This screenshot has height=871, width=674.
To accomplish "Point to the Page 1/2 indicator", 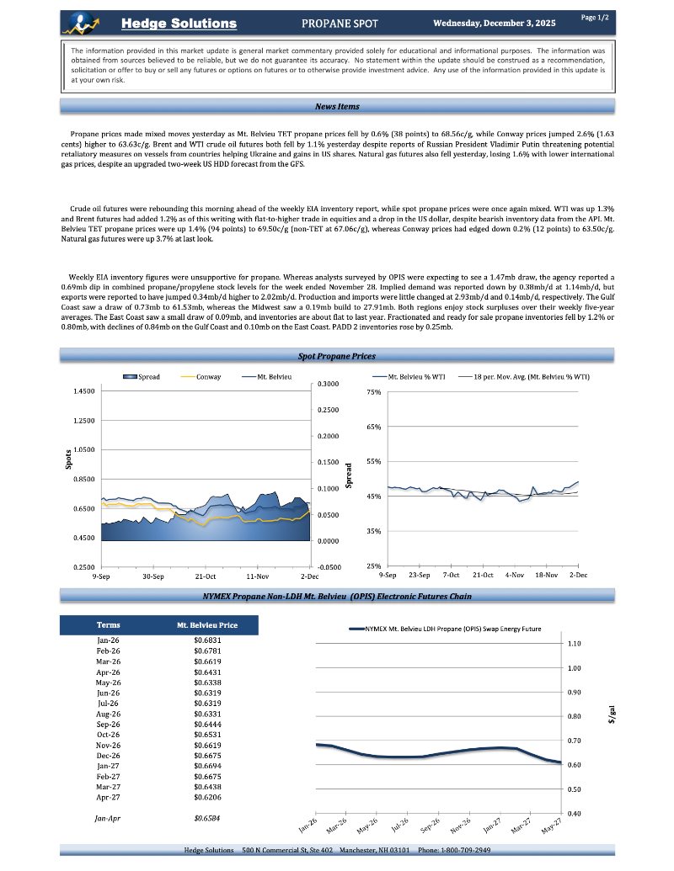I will pyautogui.click(x=595, y=17).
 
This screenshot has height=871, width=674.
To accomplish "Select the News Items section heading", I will pyautogui.click(x=337, y=106).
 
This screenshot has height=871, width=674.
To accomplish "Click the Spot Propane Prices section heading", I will pyautogui.click(x=337, y=357).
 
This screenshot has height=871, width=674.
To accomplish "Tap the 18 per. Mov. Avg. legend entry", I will pyautogui.click(x=531, y=376).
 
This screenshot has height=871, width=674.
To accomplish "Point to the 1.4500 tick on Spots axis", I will pyautogui.click(x=83, y=391).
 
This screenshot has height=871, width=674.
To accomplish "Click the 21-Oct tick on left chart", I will pyautogui.click(x=206, y=576).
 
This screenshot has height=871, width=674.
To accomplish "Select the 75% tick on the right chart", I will pyautogui.click(x=374, y=392).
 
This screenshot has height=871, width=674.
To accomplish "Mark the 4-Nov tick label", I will pyautogui.click(x=515, y=575).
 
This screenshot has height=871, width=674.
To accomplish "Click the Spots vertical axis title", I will pyautogui.click(x=67, y=459).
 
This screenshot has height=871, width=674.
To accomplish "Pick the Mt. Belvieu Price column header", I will pyautogui.click(x=206, y=625).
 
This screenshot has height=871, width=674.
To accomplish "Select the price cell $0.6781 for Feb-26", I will pyautogui.click(x=207, y=651).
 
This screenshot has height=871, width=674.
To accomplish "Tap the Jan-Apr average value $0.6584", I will pyautogui.click(x=207, y=817).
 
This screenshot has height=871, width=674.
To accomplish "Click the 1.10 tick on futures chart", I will pyautogui.click(x=575, y=644).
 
